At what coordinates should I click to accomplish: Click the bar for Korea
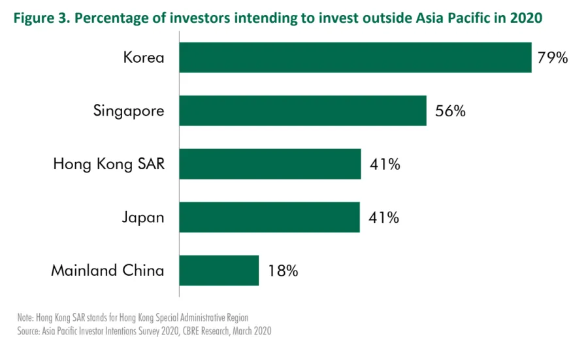click(x=355, y=57)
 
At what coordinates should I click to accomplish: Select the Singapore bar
click(x=302, y=110)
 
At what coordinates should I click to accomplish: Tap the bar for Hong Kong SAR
click(x=270, y=164)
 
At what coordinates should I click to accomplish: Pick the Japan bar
click(x=269, y=217)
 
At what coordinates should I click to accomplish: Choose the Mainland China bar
click(x=219, y=270)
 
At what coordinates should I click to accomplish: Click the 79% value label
click(x=553, y=57)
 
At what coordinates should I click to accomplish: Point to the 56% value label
click(x=449, y=111)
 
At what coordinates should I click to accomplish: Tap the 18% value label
click(x=282, y=270)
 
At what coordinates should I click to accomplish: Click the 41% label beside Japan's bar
click(x=384, y=218)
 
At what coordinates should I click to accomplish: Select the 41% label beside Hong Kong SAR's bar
click(x=384, y=164)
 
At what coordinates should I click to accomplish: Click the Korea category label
click(x=143, y=58)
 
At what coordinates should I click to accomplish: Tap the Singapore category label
click(x=128, y=111)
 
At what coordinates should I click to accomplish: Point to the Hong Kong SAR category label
click(x=108, y=164)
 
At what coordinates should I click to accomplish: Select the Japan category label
click(x=143, y=217)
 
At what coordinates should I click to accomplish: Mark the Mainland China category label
click(x=107, y=270)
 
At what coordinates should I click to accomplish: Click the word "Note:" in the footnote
click(x=25, y=318)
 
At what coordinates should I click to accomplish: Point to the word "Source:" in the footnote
click(x=29, y=331)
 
